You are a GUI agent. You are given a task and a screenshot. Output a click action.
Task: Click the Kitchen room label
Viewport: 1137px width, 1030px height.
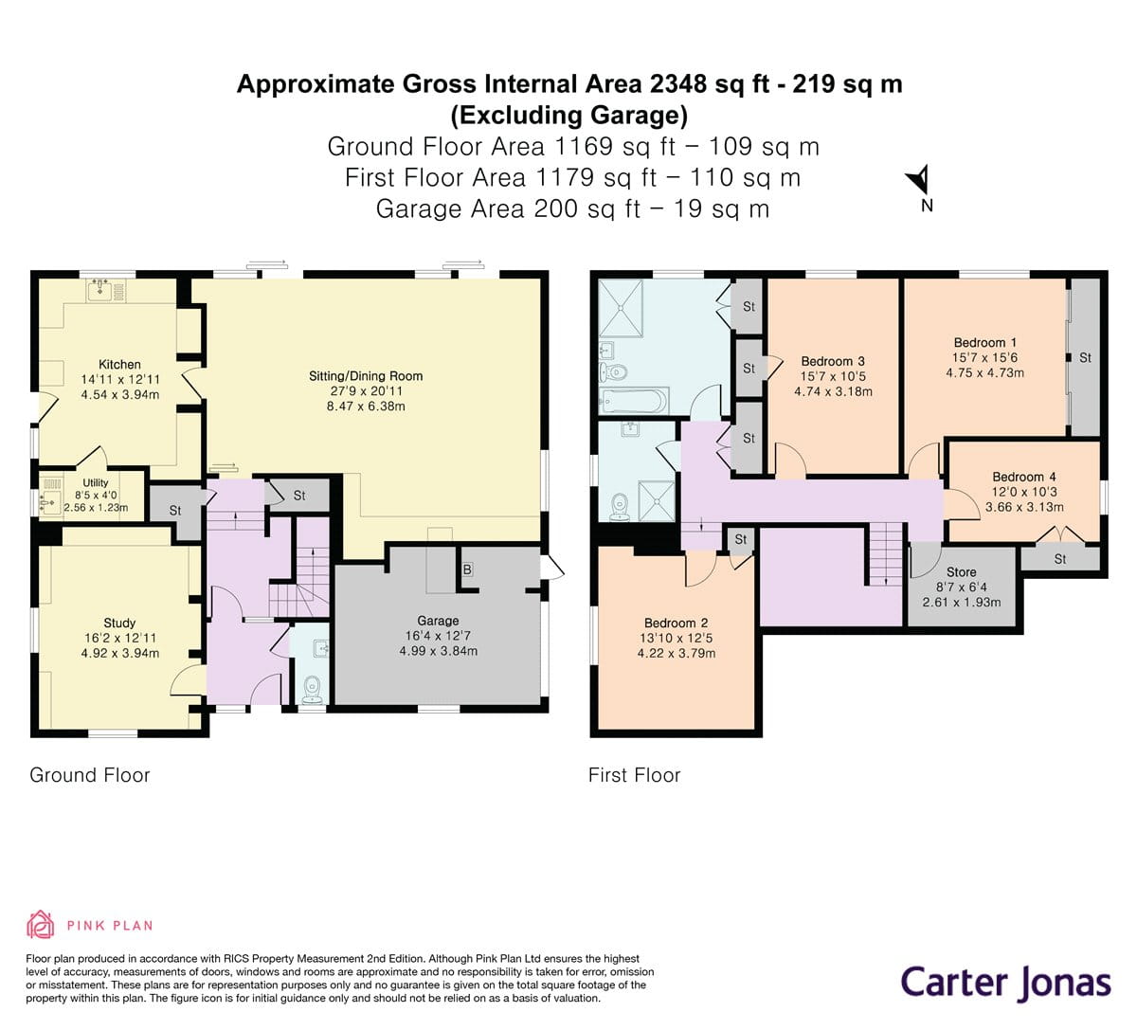[119, 364]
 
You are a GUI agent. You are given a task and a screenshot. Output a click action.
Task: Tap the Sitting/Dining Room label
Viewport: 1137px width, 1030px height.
[366, 376]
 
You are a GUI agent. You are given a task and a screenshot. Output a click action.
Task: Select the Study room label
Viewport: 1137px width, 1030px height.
[119, 623]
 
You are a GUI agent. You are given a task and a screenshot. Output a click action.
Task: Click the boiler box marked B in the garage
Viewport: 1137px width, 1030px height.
[467, 569]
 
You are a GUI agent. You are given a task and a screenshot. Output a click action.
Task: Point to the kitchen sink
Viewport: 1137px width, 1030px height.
[100, 289]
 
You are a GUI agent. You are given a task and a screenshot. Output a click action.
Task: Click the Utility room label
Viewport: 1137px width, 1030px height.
[96, 483]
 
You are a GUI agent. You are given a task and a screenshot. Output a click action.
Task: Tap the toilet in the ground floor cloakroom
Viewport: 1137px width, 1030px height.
[311, 687]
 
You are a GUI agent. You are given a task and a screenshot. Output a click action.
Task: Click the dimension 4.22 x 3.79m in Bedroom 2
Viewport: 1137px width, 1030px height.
[676, 653]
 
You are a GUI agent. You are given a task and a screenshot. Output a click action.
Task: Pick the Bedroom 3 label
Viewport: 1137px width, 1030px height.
[833, 361]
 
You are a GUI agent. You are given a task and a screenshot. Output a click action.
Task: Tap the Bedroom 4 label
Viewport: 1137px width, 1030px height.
[1024, 477]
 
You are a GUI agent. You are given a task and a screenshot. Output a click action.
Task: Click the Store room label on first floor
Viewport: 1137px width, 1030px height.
[961, 572]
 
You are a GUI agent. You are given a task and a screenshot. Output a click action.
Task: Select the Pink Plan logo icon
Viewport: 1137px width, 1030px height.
[40, 925]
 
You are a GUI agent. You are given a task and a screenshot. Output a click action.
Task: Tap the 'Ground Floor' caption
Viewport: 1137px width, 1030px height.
[90, 775]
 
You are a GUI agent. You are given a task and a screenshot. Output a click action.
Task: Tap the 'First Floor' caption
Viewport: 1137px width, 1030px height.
[634, 775]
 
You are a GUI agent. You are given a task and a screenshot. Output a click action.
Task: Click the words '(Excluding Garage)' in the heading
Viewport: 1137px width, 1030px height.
[568, 116]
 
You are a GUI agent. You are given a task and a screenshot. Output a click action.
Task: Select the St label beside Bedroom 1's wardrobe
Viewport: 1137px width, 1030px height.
[1085, 358]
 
